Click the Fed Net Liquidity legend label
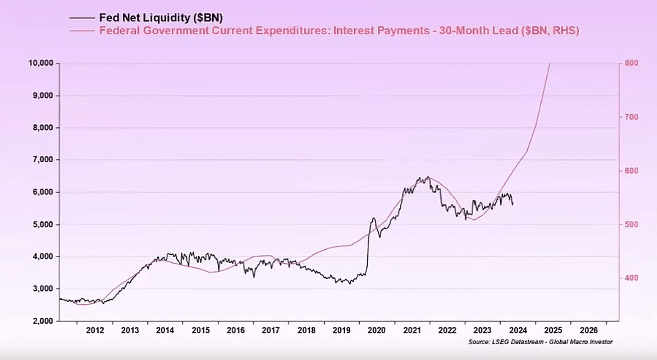coord(161,18)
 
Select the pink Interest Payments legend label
coord(339,31)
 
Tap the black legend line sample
coord(82,18)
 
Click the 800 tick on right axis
coord(631,63)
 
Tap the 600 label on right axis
coord(631,171)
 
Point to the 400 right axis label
coord(631,278)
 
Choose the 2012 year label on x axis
coord(94,331)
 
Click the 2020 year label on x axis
coord(376,331)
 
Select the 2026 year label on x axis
coord(588,331)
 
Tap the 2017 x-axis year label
coord(271,331)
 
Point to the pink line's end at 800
coord(550,63)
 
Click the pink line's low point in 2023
coord(474,220)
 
